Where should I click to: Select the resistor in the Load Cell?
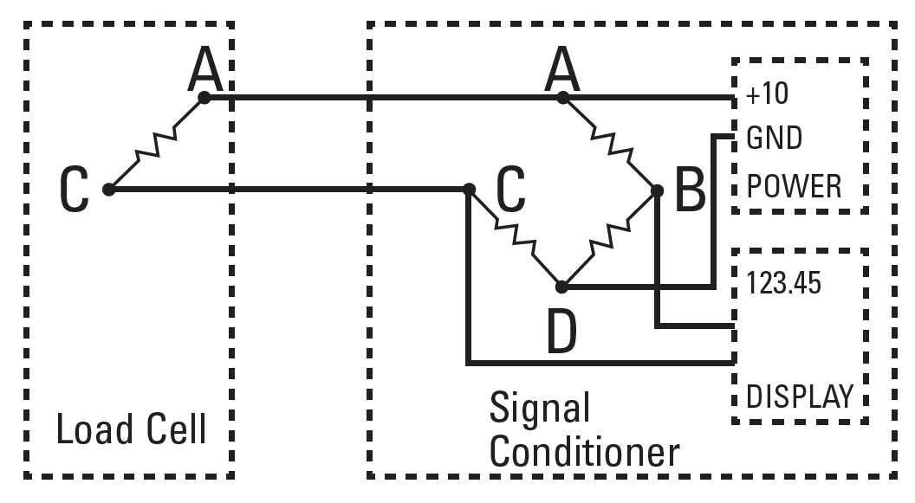tap(157, 143)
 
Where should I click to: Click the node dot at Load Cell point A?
tap(204, 98)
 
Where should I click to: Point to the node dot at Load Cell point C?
tap(108, 189)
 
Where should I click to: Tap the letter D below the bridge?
tap(561, 332)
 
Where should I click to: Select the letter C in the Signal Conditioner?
tap(510, 190)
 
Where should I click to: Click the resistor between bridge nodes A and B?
tap(610, 143)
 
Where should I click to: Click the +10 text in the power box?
tap(768, 94)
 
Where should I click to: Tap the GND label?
tap(774, 139)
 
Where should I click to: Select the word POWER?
tap(793, 185)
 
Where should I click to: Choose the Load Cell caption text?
tap(132, 429)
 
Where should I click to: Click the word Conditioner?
tap(585, 452)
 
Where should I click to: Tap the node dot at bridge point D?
tap(562, 286)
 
